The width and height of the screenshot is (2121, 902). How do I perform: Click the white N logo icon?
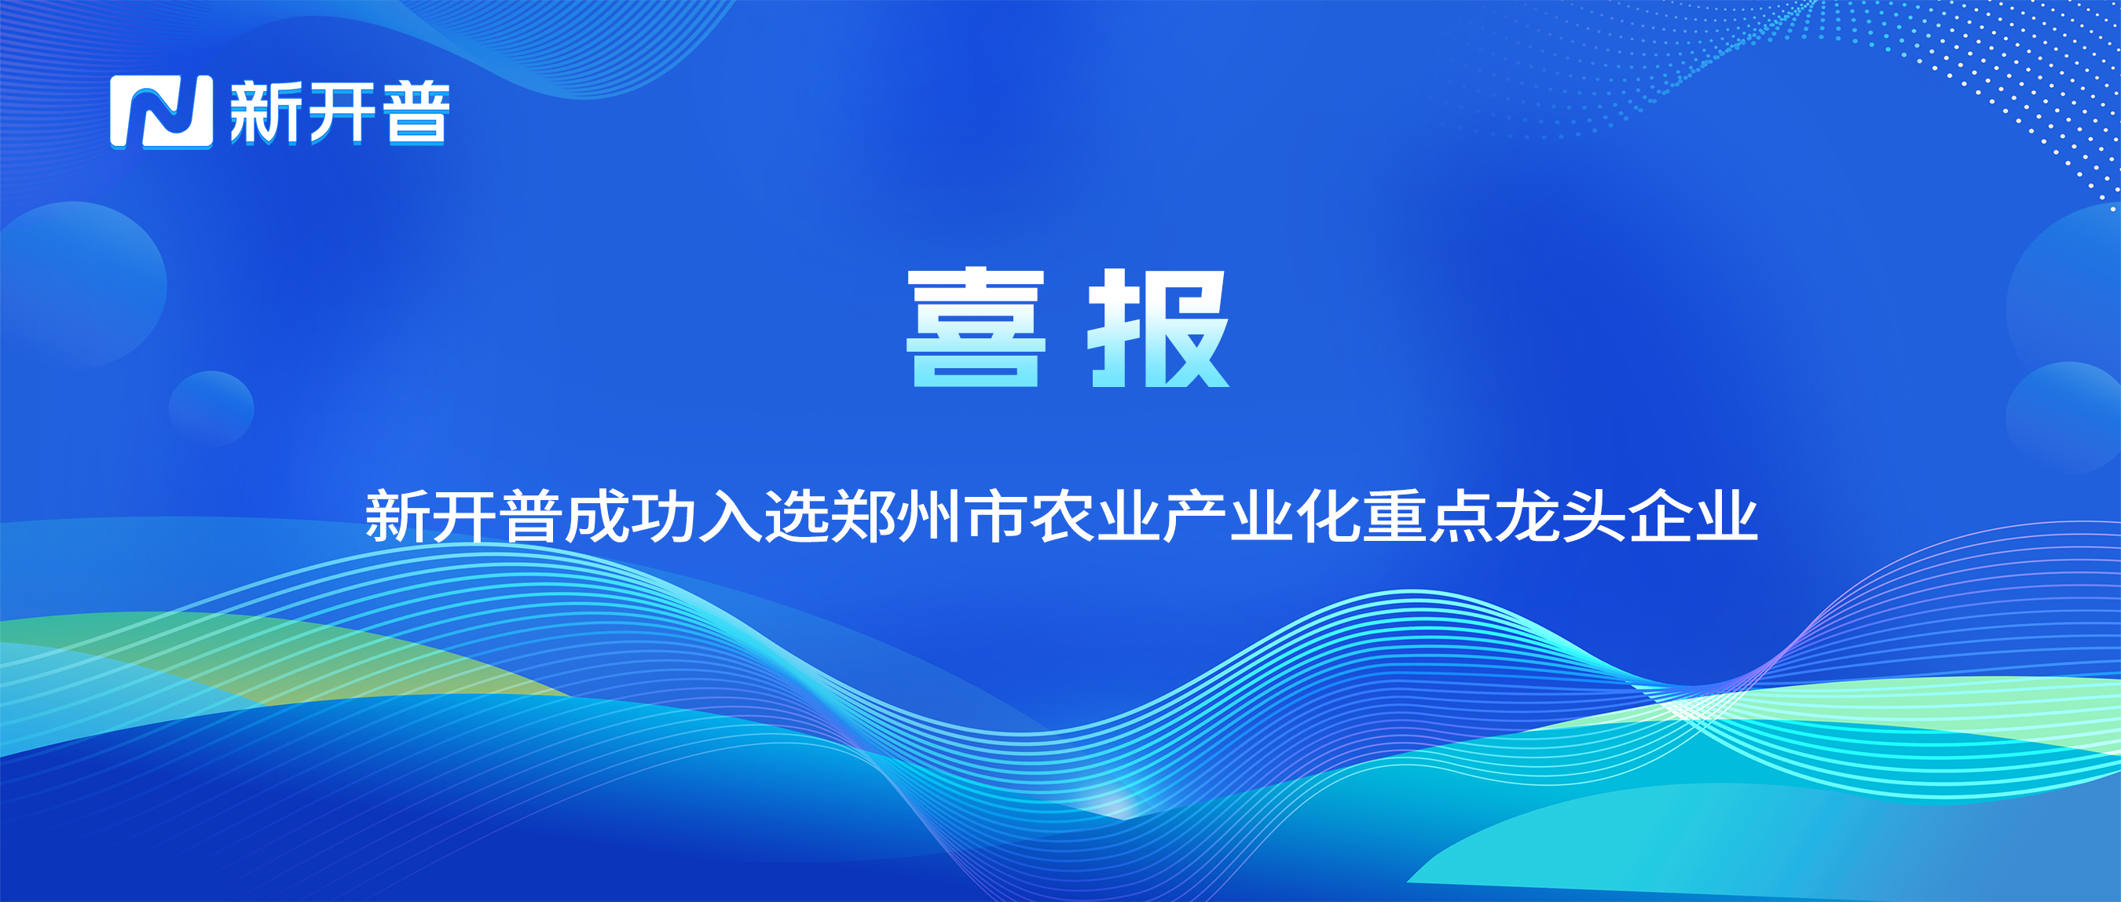pyautogui.click(x=161, y=112)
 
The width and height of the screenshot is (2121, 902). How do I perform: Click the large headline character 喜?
pyautogui.click(x=976, y=327)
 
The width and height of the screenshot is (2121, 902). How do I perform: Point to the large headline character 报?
pyautogui.click(x=1159, y=327)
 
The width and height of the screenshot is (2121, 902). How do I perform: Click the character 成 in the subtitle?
pyautogui.click(x=598, y=516)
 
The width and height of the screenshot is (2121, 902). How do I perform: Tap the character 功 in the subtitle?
pyautogui.click(x=665, y=516)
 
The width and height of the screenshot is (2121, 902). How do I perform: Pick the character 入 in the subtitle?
pyautogui.click(x=731, y=516)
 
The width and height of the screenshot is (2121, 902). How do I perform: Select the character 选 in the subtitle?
pyautogui.click(x=797, y=516)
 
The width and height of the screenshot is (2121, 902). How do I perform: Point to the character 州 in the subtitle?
pyautogui.click(x=929, y=516)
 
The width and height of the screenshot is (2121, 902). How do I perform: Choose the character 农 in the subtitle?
pyautogui.click(x=1062, y=516)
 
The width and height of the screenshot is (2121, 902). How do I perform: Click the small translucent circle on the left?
pyautogui.click(x=211, y=409)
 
